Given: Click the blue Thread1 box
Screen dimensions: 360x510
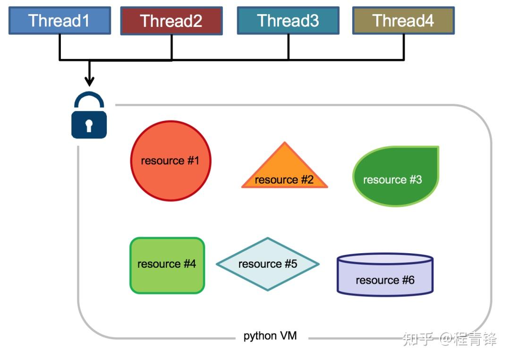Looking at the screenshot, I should coord(59,21).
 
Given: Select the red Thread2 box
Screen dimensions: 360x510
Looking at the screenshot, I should coord(171,21).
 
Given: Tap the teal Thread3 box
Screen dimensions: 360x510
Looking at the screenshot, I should coord(288,21).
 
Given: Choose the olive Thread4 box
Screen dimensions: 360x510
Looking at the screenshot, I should coord(403,21).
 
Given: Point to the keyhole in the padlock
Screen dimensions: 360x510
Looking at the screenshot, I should coord(89,125).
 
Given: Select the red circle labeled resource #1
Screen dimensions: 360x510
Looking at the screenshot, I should coord(170,161).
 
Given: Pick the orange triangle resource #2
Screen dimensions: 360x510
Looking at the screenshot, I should coord(284,172).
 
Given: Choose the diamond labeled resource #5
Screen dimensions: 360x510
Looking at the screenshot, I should coord(268,264).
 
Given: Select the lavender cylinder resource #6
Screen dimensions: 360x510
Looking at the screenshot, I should coord(385,276).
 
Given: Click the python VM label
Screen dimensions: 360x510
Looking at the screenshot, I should coord(270,336).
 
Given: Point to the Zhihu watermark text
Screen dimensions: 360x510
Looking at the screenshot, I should coord(449,339).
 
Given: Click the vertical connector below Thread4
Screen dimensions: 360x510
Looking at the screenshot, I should coord(404,47).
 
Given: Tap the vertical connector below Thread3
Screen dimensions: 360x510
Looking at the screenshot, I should coord(288,47).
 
